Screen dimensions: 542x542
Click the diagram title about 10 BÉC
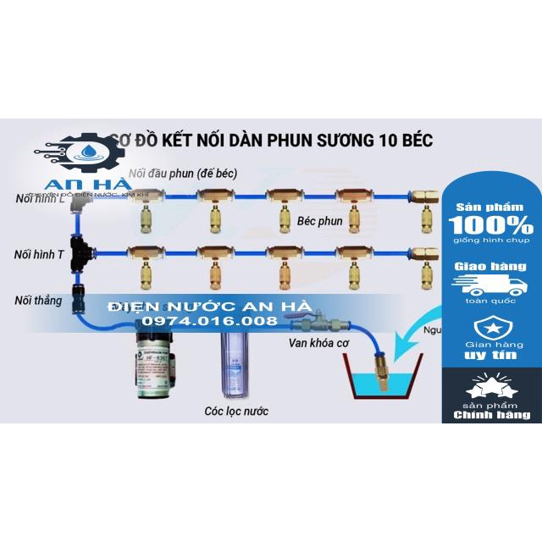272,141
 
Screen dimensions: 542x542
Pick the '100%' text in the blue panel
490,226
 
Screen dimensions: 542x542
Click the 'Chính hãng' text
491,415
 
